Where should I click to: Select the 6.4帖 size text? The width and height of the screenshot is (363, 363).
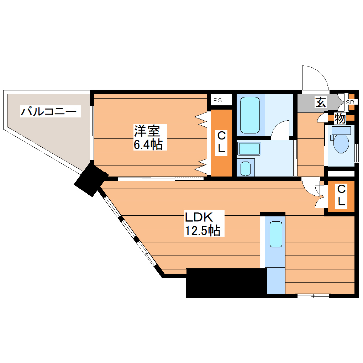coord(148,144)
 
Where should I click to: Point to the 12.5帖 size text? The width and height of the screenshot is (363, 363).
coord(202,231)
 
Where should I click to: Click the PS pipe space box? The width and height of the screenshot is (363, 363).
coord(218,100)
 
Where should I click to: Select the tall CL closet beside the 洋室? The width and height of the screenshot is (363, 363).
coord(221,142)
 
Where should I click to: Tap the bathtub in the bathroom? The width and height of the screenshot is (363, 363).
coord(250,115)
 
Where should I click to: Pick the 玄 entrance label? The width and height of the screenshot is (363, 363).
coord(320,102)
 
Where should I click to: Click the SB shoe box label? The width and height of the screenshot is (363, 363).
coord(350,102)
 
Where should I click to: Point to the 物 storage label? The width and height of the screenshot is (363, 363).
coord(340,119)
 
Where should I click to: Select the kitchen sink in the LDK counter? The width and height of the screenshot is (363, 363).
coord(276,234)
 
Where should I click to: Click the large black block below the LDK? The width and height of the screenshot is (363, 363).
coord(226,283)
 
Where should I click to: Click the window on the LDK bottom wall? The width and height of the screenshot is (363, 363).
coord(313,295)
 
